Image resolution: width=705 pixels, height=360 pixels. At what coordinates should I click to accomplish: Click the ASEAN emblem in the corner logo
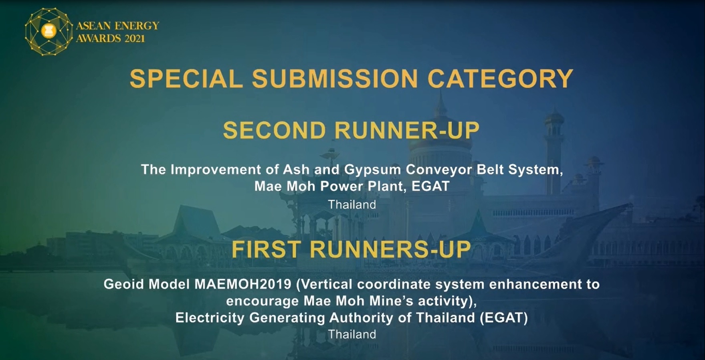click(x=49, y=31)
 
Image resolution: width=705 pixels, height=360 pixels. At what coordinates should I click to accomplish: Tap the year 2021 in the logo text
click(x=135, y=39)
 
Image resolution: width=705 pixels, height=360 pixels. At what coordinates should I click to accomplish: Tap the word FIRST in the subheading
click(x=266, y=249)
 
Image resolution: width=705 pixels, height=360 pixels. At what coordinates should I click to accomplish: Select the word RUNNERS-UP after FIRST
click(x=390, y=249)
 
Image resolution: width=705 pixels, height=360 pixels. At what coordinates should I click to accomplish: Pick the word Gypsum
click(x=373, y=170)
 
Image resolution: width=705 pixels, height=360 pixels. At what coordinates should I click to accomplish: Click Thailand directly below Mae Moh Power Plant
click(x=352, y=204)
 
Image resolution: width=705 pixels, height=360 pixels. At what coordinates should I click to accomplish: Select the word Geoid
click(x=123, y=284)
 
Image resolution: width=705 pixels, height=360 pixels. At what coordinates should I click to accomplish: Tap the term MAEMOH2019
click(x=243, y=284)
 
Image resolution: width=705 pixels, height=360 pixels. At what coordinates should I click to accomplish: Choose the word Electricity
click(x=210, y=318)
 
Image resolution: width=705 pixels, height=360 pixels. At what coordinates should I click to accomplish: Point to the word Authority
click(x=361, y=318)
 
